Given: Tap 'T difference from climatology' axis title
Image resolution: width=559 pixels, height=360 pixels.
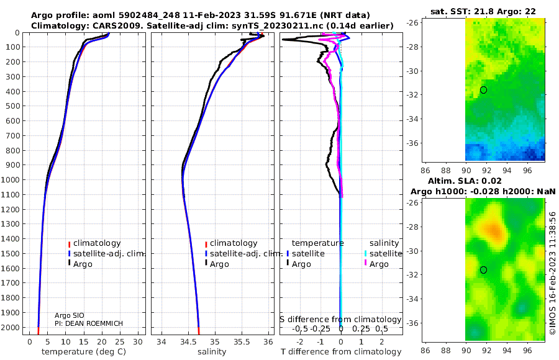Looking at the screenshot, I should click(x=341, y=352).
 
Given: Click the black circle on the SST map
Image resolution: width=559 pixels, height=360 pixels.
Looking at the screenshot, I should click(x=483, y=90).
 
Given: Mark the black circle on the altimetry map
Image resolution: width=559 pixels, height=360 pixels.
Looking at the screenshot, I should click(x=483, y=269).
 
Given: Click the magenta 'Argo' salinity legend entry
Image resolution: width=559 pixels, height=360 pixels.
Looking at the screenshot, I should click(x=379, y=264).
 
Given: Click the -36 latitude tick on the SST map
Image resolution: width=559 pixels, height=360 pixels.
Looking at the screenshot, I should click(x=416, y=143).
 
